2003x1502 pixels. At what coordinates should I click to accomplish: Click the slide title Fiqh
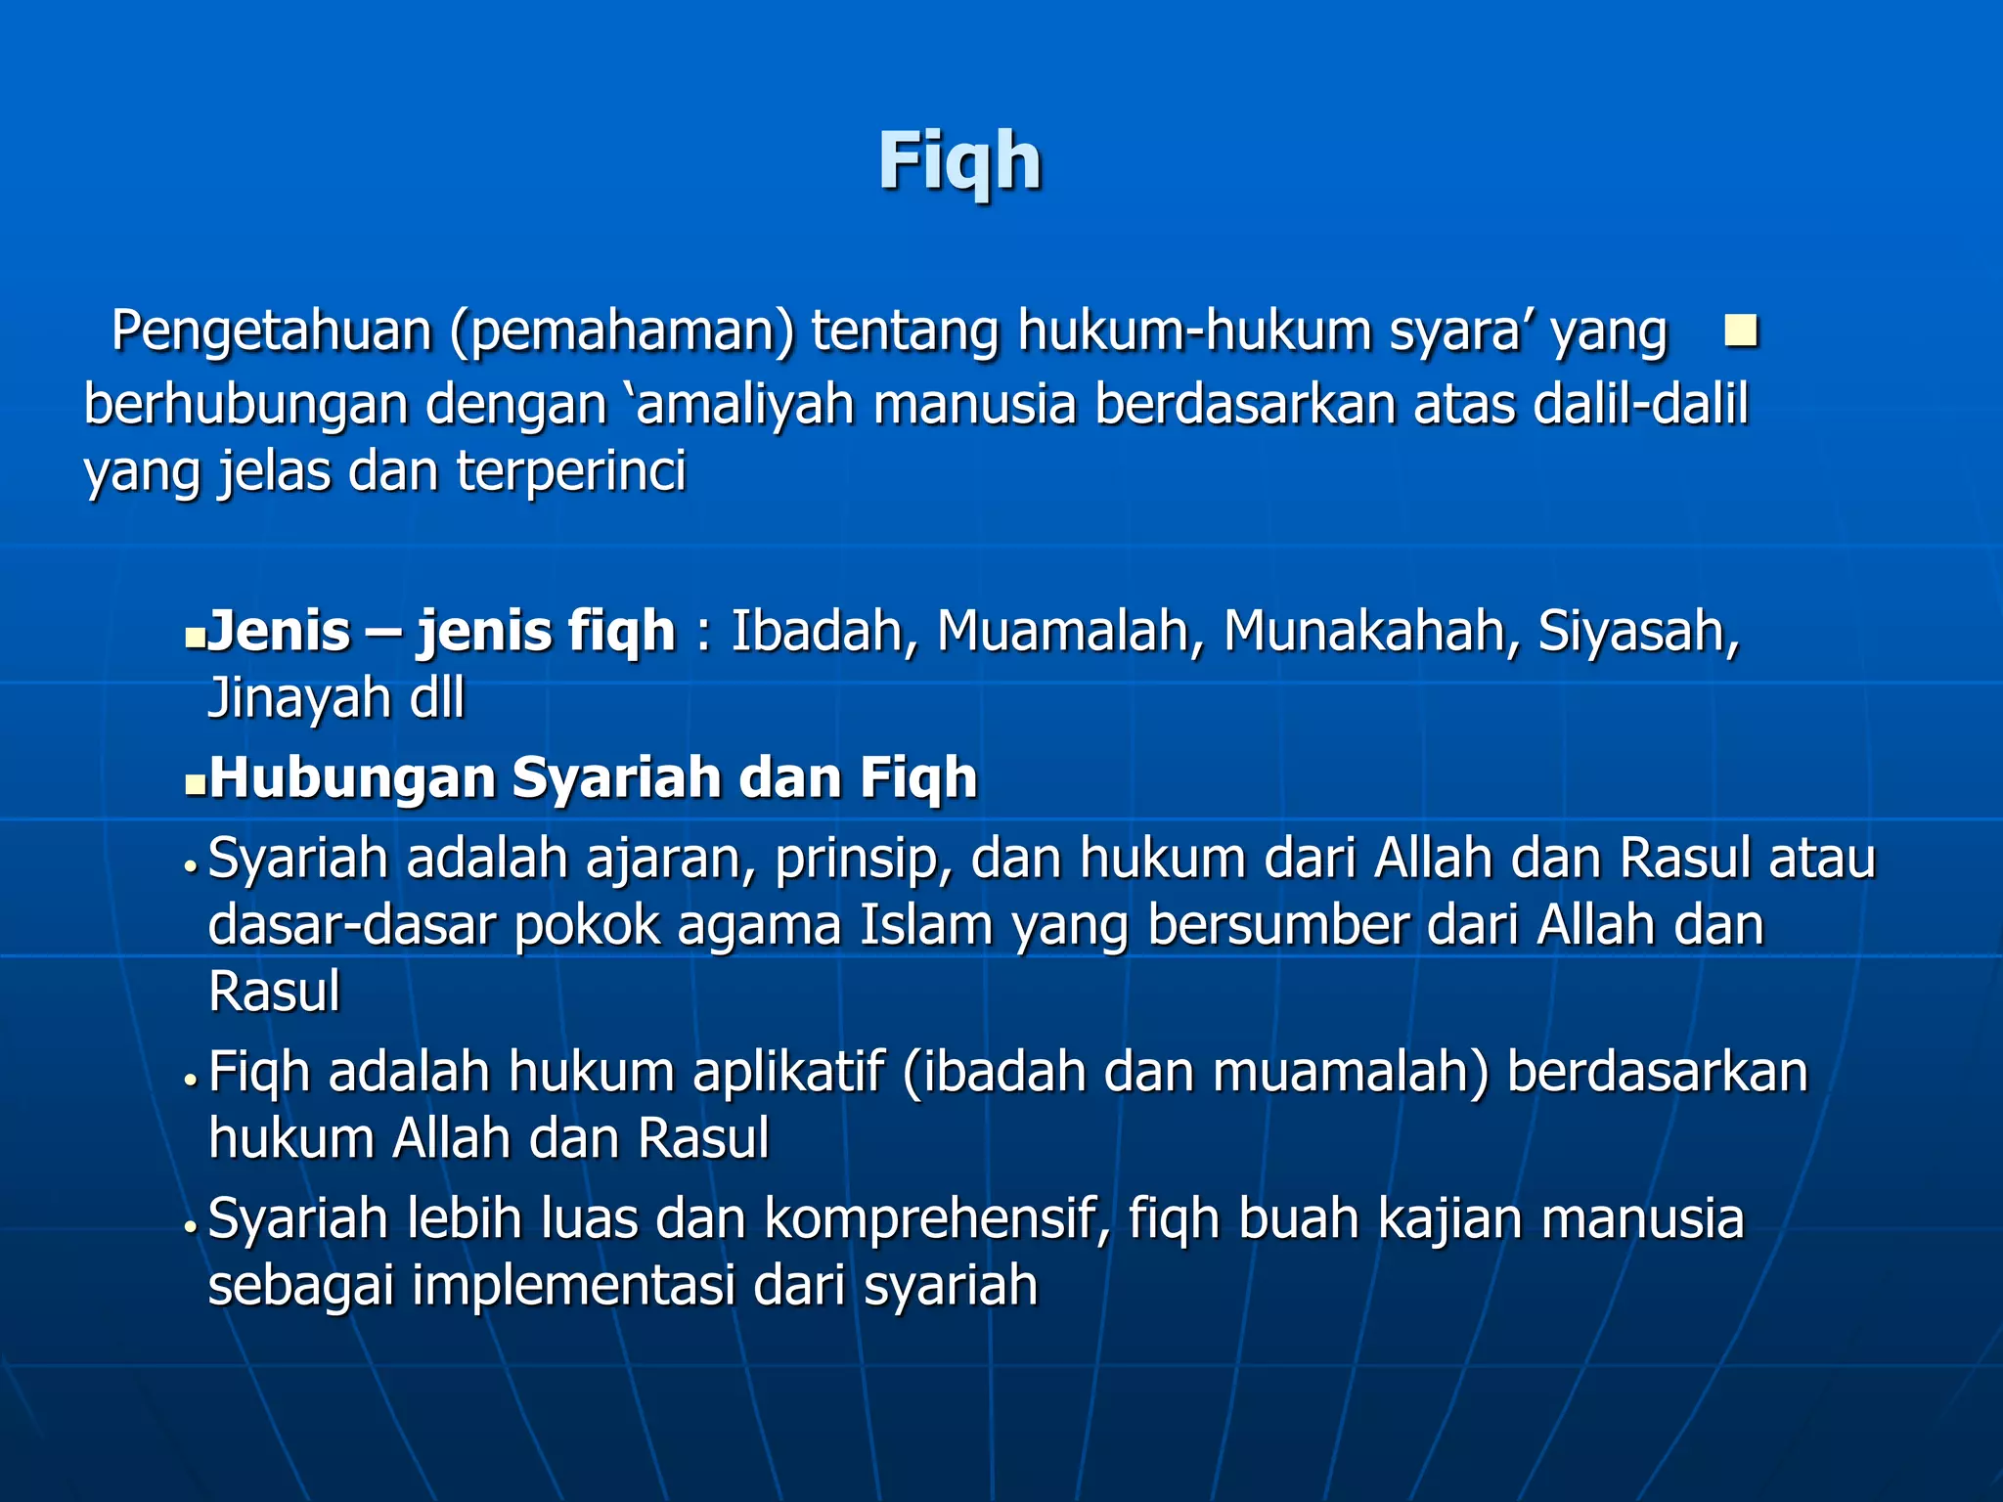(959, 161)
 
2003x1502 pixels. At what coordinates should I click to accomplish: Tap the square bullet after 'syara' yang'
(1741, 331)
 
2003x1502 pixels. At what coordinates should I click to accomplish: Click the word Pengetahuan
(271, 331)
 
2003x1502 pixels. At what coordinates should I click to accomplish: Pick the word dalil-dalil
(1640, 404)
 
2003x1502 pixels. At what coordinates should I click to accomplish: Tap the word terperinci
(571, 472)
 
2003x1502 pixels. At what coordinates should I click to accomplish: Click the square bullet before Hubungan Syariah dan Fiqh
(196, 784)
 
